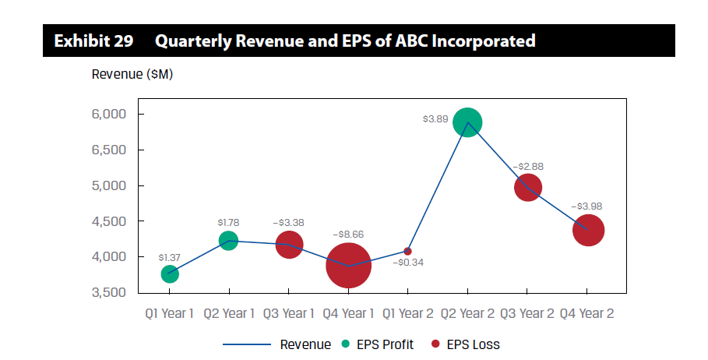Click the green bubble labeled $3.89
[467, 122]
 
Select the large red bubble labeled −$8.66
[348, 266]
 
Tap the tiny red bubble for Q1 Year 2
[407, 251]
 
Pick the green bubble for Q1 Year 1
[170, 274]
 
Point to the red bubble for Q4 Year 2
[588, 230]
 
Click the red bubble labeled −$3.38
[289, 245]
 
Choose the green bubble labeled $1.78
[228, 240]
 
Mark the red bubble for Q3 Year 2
[527, 188]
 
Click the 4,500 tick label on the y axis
[109, 221]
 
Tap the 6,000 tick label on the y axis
[109, 115]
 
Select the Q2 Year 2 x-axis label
[467, 314]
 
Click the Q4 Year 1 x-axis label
[347, 314]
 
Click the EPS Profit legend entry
[379, 344]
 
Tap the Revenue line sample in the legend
[247, 344]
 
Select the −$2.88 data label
[527, 167]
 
